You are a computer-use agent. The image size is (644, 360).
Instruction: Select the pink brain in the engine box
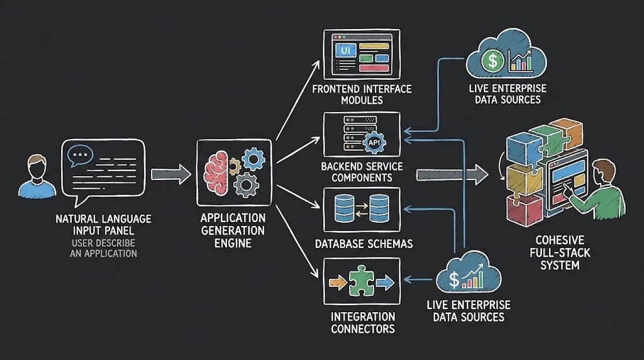(217, 171)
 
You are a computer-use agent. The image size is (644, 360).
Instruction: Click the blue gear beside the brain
(253, 159)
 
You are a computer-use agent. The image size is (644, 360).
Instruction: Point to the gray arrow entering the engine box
(170, 174)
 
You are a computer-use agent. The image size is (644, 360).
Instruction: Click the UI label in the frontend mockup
(343, 48)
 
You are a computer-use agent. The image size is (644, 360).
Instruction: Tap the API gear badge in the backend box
(374, 142)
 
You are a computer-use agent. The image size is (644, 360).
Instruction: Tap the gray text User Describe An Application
(103, 249)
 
